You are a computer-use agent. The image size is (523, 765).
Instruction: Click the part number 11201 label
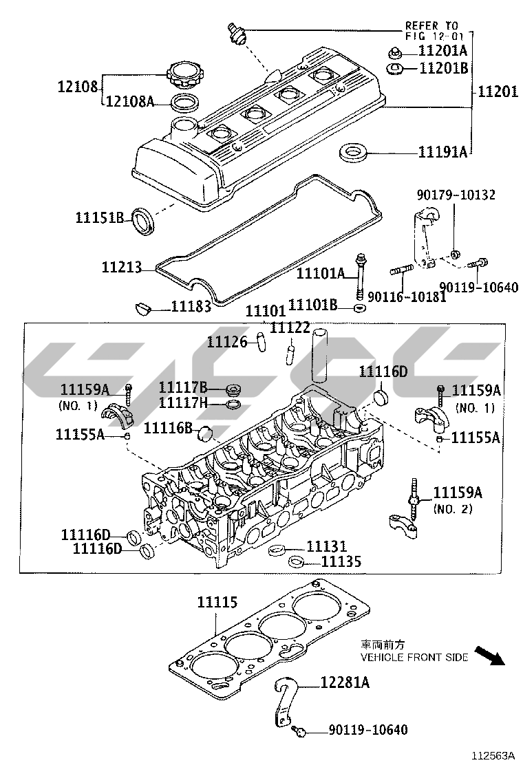[x=497, y=91]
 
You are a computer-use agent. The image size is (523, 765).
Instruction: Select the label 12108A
[x=130, y=102]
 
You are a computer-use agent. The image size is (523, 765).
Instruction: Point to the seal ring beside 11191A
[x=353, y=151]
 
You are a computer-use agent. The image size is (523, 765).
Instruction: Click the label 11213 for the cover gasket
[x=122, y=268]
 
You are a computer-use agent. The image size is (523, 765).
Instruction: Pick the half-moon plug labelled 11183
[x=142, y=308]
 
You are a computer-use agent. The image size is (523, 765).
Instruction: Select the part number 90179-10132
[x=456, y=195]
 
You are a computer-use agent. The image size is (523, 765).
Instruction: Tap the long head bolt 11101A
[x=360, y=277]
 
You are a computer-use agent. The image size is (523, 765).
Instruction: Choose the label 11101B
[x=312, y=305]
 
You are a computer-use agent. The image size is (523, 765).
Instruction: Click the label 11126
[x=227, y=342]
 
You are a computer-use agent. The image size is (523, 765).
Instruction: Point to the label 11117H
[x=183, y=403]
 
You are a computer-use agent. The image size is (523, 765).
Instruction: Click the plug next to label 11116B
[x=206, y=432]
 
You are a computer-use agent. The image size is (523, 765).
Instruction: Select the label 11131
[x=326, y=546]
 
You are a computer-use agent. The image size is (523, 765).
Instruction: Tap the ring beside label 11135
[x=296, y=561]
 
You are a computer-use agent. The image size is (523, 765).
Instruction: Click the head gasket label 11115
[x=217, y=602]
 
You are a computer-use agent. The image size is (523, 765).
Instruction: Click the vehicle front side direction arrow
[x=489, y=655]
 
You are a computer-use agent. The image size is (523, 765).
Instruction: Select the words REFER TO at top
[x=431, y=25]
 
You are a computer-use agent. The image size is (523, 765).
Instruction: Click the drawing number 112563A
[x=493, y=756]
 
